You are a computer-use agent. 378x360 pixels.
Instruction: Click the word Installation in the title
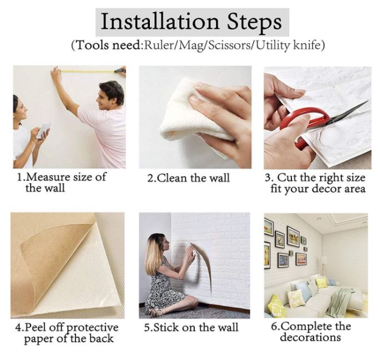160,21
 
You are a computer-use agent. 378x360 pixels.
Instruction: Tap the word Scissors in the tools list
229,45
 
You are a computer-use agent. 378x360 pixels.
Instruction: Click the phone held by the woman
43,130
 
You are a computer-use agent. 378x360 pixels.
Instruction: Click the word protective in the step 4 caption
92,328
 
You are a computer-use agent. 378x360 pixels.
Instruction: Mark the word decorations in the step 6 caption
310,337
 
